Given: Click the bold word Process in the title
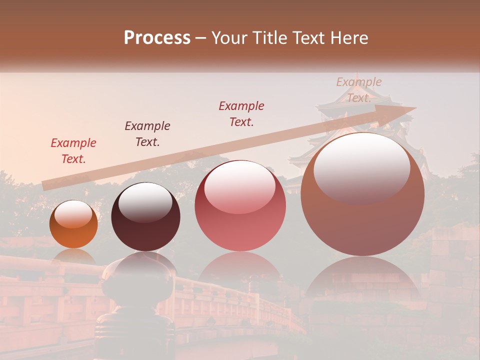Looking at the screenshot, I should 157,37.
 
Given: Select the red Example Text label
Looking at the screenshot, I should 73,151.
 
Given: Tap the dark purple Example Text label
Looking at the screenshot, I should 147,134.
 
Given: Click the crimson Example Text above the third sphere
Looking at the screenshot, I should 241,114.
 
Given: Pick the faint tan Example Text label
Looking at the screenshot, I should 358,90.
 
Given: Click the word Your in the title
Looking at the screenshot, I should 229,38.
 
